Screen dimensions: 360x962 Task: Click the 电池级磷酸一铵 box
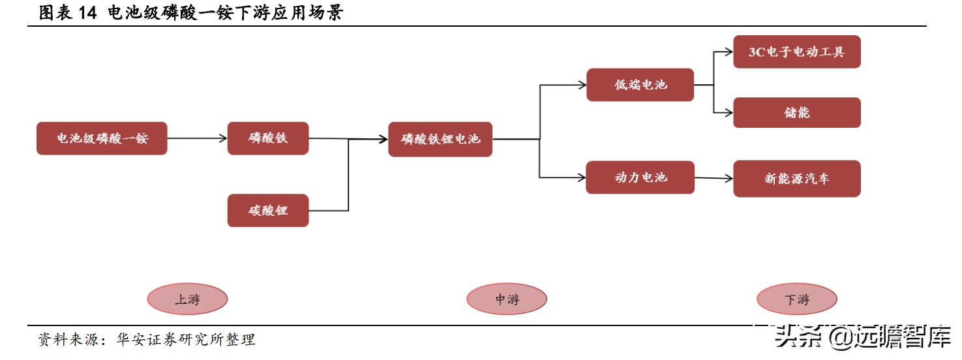pyautogui.click(x=102, y=138)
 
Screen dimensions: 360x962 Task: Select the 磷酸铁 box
pyautogui.click(x=267, y=138)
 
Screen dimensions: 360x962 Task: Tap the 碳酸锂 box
pyautogui.click(x=267, y=211)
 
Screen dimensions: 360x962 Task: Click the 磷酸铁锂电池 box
pyautogui.click(x=440, y=139)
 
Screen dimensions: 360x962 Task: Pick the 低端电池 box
pyautogui.click(x=640, y=85)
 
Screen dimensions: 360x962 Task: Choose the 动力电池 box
pyautogui.click(x=640, y=177)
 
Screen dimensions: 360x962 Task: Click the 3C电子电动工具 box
pyautogui.click(x=796, y=52)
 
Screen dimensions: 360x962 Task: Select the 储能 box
pyautogui.click(x=796, y=112)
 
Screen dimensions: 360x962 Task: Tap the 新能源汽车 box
pyautogui.click(x=796, y=179)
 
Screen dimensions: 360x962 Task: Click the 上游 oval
pyautogui.click(x=187, y=299)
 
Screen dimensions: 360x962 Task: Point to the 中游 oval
pyautogui.click(x=506, y=299)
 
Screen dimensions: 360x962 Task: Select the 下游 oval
pyautogui.click(x=796, y=299)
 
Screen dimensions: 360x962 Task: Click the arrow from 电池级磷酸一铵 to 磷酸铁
pyautogui.click(x=197, y=138)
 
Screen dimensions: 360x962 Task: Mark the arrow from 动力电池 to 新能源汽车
pyautogui.click(x=714, y=177)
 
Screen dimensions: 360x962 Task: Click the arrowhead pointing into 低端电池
pyautogui.click(x=582, y=85)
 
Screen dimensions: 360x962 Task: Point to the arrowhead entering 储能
pyautogui.click(x=729, y=112)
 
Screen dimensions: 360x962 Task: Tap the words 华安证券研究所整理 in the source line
pyautogui.click(x=186, y=340)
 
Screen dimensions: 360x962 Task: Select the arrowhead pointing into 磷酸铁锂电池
pyautogui.click(x=383, y=139)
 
